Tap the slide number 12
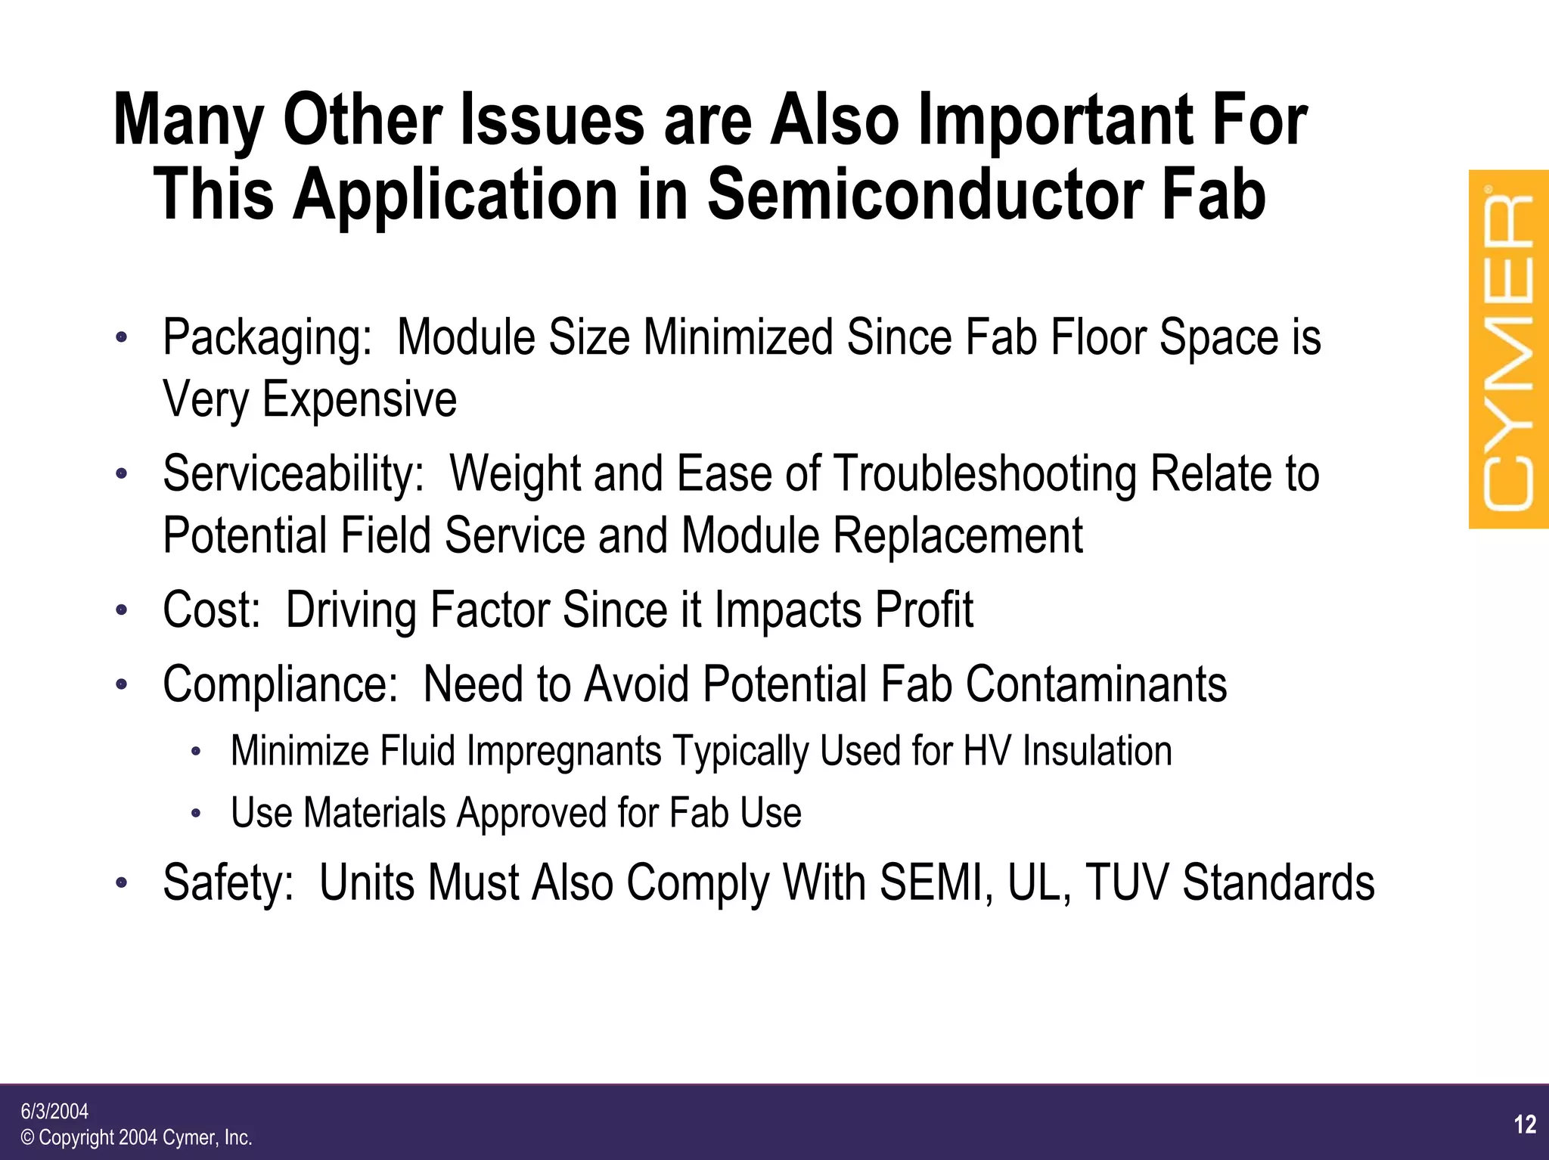pyautogui.click(x=1525, y=1124)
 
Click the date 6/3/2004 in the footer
pyautogui.click(x=54, y=1111)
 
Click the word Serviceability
pyautogui.click(x=293, y=474)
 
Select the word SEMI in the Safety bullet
pyautogui.click(x=936, y=882)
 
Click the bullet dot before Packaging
pyautogui.click(x=122, y=338)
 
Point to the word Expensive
pyautogui.click(x=359, y=399)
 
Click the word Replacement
pyautogui.click(x=958, y=535)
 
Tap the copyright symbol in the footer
pyautogui.click(x=28, y=1138)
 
